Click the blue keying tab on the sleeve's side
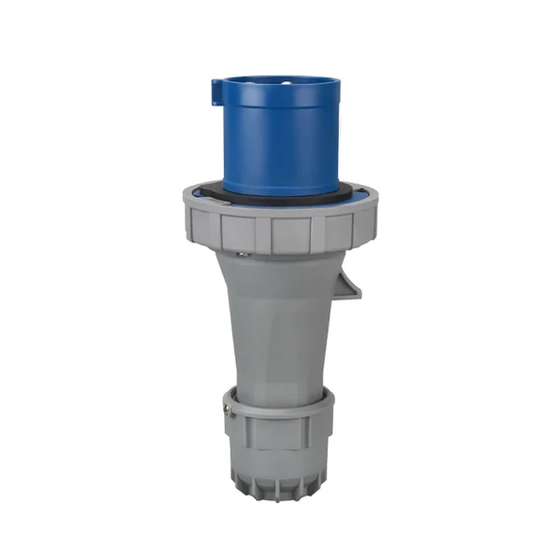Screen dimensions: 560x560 click(x=217, y=91)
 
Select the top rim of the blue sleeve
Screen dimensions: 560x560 click(x=280, y=78)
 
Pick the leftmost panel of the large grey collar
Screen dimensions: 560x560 click(x=201, y=226)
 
